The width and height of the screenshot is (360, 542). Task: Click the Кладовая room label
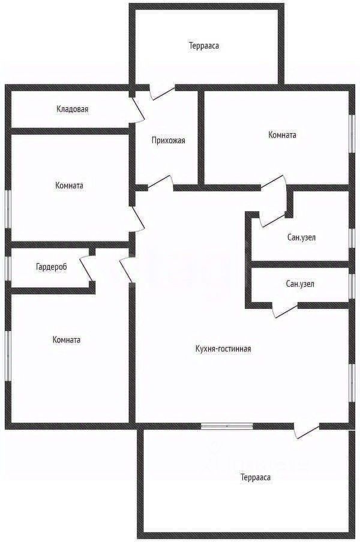[x=73, y=109]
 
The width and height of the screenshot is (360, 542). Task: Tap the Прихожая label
[x=168, y=141]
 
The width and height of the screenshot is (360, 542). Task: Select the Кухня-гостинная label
[x=223, y=348]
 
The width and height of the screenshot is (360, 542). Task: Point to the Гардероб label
[x=51, y=267]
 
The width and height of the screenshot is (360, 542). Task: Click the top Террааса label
[x=203, y=46]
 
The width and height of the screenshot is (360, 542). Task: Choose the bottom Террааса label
[x=256, y=478]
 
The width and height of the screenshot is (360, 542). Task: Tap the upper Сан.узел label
[x=301, y=237]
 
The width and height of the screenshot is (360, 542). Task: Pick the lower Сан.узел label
[x=300, y=284]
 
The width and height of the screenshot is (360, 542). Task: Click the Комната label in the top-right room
[x=282, y=135]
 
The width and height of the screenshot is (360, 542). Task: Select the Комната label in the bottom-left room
[x=66, y=339]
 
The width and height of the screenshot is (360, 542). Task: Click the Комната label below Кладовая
[x=69, y=185]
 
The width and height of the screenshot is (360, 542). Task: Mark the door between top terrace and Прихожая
[x=161, y=91]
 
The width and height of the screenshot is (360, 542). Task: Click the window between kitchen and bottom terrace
[x=227, y=426]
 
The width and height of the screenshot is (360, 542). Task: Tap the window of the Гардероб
[x=8, y=268]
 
